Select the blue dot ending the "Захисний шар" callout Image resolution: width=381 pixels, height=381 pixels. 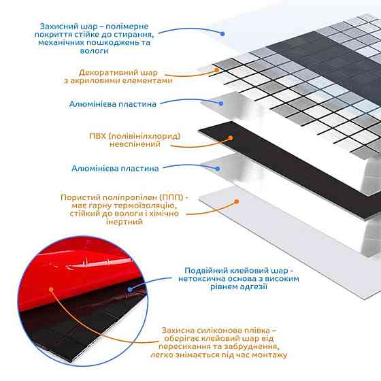[222, 34]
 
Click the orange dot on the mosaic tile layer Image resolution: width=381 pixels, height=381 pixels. [216, 70]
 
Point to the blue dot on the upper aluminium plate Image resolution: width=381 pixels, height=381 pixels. [220, 103]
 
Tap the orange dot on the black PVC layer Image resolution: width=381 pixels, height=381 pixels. [231, 138]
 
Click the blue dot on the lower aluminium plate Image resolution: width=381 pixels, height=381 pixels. [218, 169]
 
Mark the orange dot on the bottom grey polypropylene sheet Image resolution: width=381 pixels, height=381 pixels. [237, 201]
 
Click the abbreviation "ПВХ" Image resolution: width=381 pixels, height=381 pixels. [98, 136]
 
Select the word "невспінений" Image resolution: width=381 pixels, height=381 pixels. [135, 144]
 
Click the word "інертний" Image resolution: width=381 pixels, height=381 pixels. [124, 222]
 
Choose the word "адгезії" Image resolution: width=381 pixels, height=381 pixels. [253, 286]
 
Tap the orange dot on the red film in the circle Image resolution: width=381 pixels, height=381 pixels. [51, 289]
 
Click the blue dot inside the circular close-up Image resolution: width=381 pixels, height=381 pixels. [130, 289]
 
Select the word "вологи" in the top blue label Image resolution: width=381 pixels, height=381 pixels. [95, 51]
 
